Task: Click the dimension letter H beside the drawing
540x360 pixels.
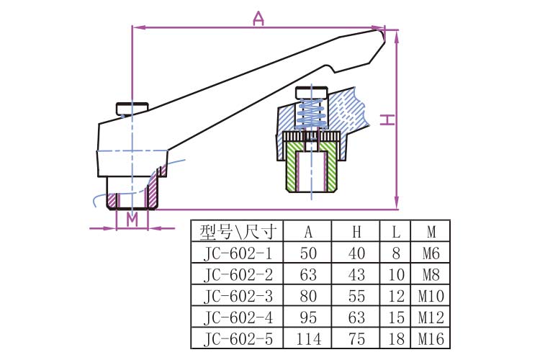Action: pyautogui.click(x=387, y=120)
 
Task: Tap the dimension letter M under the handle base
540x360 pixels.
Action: pyautogui.click(x=132, y=219)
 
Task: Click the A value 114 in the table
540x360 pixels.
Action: pyautogui.click(x=308, y=338)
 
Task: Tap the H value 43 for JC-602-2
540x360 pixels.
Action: pyautogui.click(x=357, y=274)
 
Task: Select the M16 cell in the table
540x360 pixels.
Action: pyautogui.click(x=431, y=338)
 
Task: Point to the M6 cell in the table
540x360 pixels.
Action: pyautogui.click(x=431, y=253)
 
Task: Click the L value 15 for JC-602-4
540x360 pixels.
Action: pyautogui.click(x=396, y=318)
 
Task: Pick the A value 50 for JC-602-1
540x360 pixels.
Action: pyautogui.click(x=308, y=253)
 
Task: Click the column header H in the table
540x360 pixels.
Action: pyautogui.click(x=357, y=232)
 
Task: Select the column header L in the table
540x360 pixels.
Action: pyautogui.click(x=396, y=232)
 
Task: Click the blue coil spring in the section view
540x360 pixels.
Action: pyautogui.click(x=311, y=112)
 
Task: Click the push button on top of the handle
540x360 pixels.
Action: pyautogui.click(x=132, y=109)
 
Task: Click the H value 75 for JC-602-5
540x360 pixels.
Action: pyautogui.click(x=357, y=338)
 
